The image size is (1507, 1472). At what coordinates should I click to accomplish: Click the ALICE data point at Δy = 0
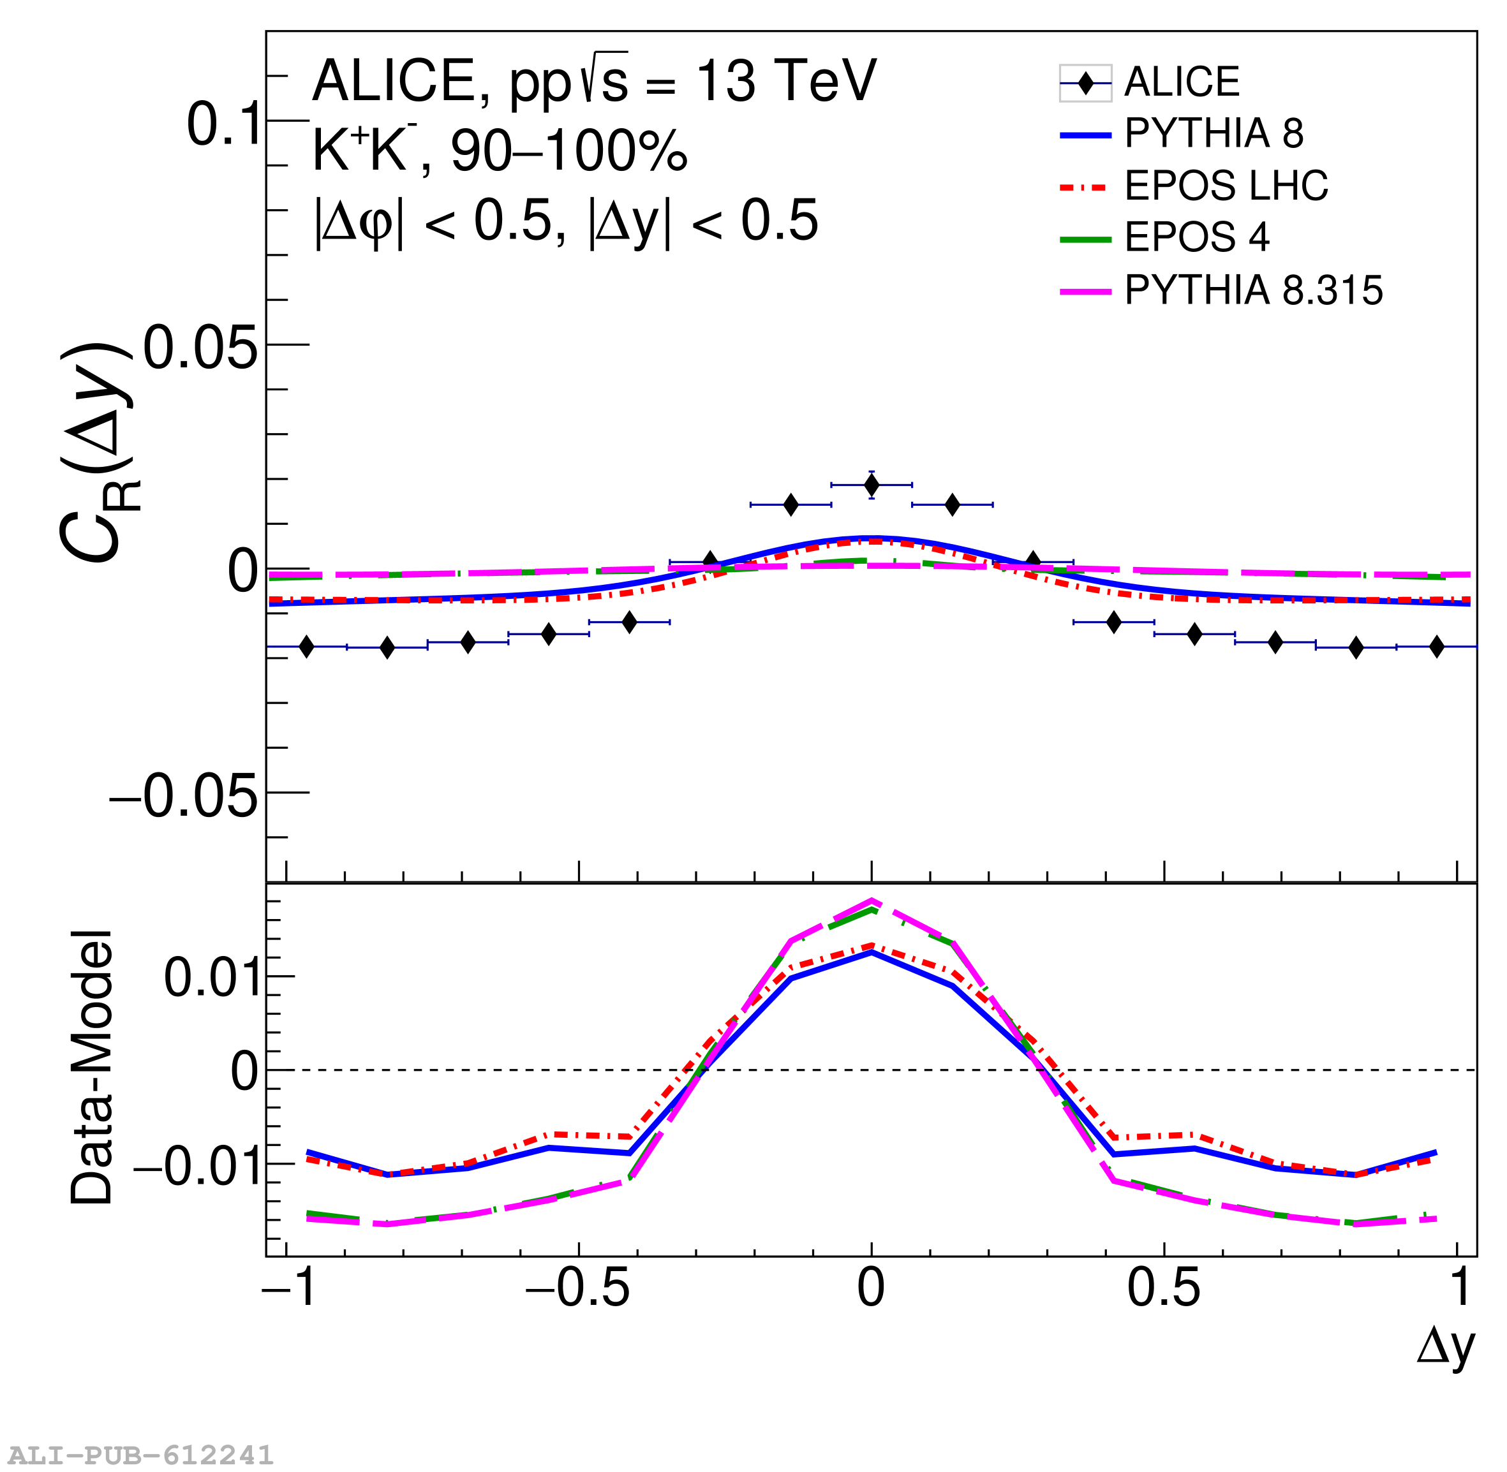coord(872,485)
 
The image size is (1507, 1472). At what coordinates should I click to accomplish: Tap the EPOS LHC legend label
coord(1226,186)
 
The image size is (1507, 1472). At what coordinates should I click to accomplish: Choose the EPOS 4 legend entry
coord(1196,237)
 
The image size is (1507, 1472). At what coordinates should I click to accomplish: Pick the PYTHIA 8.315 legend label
coord(1252,290)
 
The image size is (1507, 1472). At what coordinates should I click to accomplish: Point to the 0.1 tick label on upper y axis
coord(224,124)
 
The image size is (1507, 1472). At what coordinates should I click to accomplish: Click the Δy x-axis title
coord(1445,1348)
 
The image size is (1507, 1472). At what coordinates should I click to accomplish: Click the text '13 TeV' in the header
coord(785,80)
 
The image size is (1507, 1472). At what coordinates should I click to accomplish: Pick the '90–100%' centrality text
coord(568,151)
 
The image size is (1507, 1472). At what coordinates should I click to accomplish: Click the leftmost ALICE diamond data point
coord(306,646)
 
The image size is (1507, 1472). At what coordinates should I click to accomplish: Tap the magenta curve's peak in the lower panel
coord(872,901)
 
